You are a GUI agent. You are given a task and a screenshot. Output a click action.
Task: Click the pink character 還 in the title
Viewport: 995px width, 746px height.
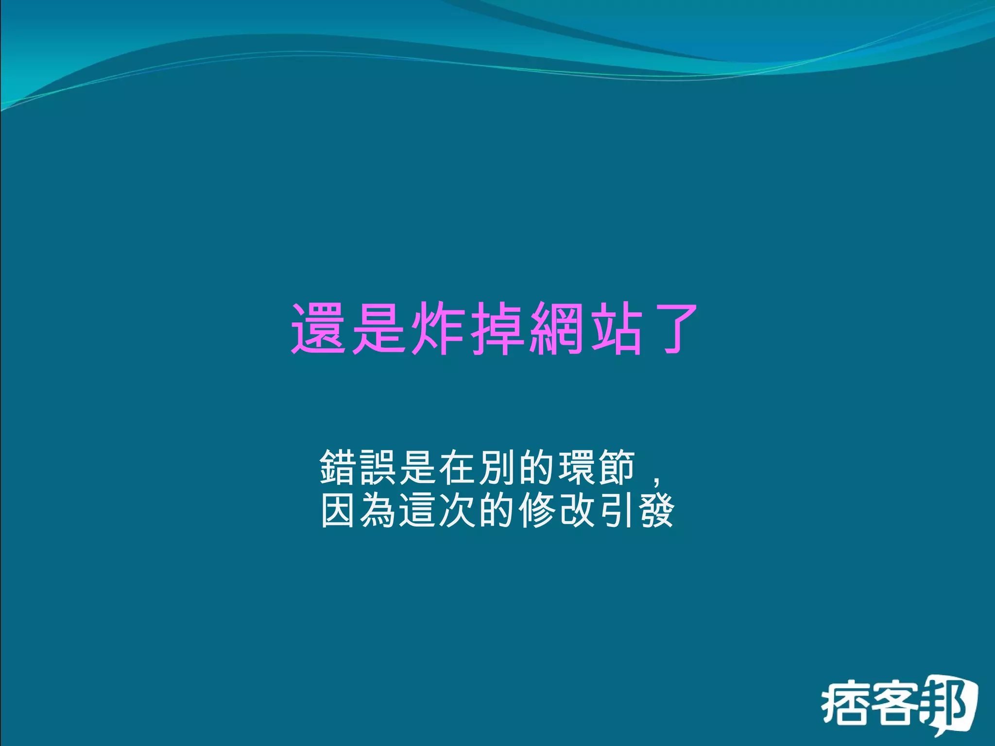click(x=318, y=328)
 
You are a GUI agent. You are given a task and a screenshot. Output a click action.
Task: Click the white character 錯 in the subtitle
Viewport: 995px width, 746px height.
click(x=339, y=467)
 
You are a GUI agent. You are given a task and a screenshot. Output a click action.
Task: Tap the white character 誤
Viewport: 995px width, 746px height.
click(x=378, y=467)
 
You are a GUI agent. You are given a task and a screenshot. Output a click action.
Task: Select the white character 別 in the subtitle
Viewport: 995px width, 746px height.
click(x=498, y=467)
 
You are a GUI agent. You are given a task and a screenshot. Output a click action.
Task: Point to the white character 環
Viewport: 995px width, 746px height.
click(x=578, y=467)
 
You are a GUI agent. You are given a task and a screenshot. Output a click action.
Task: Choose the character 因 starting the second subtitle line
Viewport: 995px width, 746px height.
click(x=339, y=510)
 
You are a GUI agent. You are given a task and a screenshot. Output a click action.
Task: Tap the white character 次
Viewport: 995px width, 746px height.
click(x=458, y=510)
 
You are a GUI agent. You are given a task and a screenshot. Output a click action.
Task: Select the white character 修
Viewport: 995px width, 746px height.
click(x=538, y=510)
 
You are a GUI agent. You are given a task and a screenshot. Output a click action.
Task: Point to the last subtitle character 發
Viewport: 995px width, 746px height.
click(x=657, y=510)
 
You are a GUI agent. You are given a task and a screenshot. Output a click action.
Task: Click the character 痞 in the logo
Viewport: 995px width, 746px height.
click(x=844, y=703)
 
